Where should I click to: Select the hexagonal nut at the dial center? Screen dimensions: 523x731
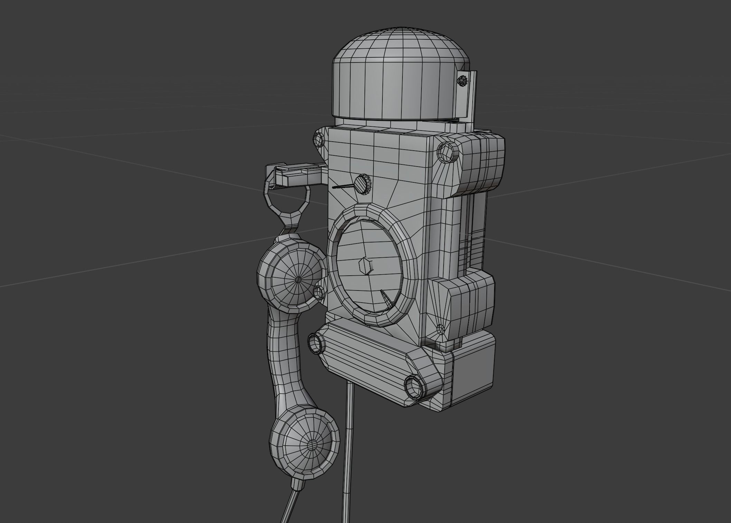click(365, 266)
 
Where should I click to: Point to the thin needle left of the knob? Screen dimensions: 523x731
click(343, 187)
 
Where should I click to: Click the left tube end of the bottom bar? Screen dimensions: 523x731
click(315, 343)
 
